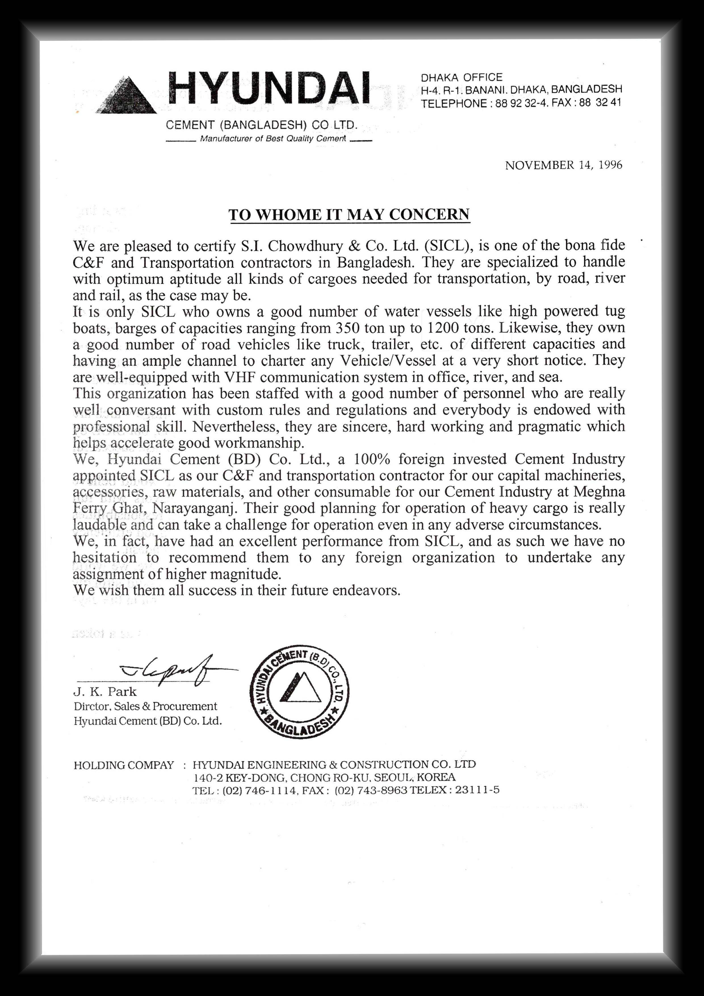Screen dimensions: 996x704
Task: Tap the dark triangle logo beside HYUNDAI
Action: point(127,96)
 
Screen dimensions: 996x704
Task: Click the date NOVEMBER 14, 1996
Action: point(563,165)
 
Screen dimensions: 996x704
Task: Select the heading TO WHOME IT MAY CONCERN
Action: point(349,215)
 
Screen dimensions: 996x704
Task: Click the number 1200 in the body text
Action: point(443,328)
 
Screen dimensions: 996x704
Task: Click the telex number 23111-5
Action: point(477,790)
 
